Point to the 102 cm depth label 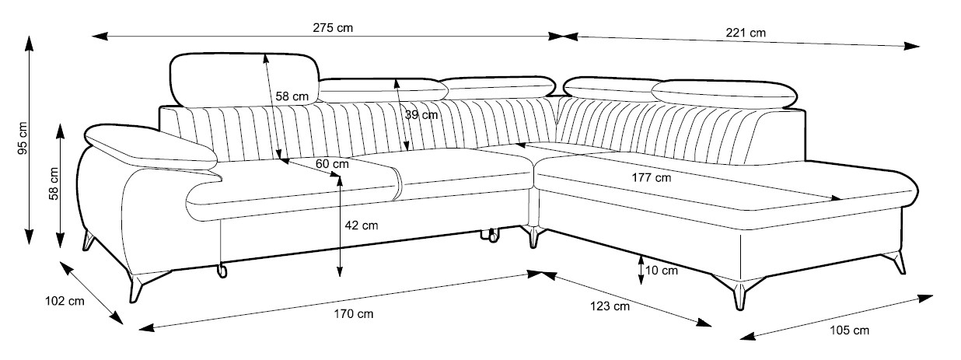(65, 301)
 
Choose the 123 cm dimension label (610, 306)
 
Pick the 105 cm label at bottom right (849, 331)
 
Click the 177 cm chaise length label (650, 177)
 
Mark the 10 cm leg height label (662, 271)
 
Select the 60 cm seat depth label (332, 164)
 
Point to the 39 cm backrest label (421, 115)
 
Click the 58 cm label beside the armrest (54, 183)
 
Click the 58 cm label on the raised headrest (292, 96)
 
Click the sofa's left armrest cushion (148, 149)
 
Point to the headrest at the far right (727, 92)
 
